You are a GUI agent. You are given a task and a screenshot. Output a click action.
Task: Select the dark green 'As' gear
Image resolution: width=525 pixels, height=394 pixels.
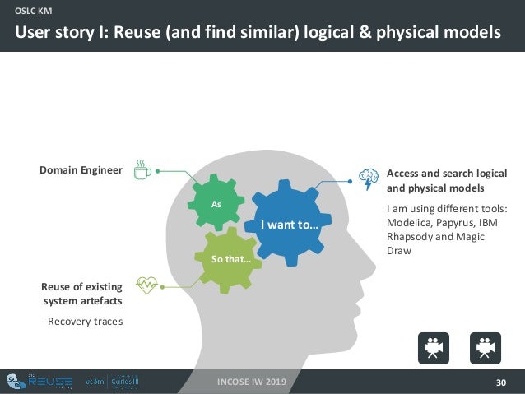click(216, 202)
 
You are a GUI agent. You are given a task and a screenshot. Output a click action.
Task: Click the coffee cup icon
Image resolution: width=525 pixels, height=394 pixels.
click(142, 170)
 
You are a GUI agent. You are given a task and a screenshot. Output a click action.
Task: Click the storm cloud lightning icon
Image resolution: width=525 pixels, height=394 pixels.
click(369, 178)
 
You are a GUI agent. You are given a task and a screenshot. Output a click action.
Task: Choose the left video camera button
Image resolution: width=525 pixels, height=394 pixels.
click(433, 347)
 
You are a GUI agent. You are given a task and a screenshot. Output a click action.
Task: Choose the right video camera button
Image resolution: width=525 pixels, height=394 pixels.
click(485, 347)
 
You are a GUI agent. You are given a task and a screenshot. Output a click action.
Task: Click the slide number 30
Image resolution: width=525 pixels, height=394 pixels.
click(501, 382)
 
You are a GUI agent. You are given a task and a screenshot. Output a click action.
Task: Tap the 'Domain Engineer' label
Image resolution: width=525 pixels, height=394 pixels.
click(81, 170)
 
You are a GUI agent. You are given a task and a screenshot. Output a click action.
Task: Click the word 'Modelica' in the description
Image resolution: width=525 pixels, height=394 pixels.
click(410, 224)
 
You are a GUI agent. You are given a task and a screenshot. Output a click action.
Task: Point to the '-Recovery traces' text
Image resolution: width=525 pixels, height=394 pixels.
click(83, 321)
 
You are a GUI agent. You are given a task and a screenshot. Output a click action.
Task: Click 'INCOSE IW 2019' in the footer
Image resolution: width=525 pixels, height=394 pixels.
click(253, 382)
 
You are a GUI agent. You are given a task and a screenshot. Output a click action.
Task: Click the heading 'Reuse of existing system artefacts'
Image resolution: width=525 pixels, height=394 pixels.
click(81, 294)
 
